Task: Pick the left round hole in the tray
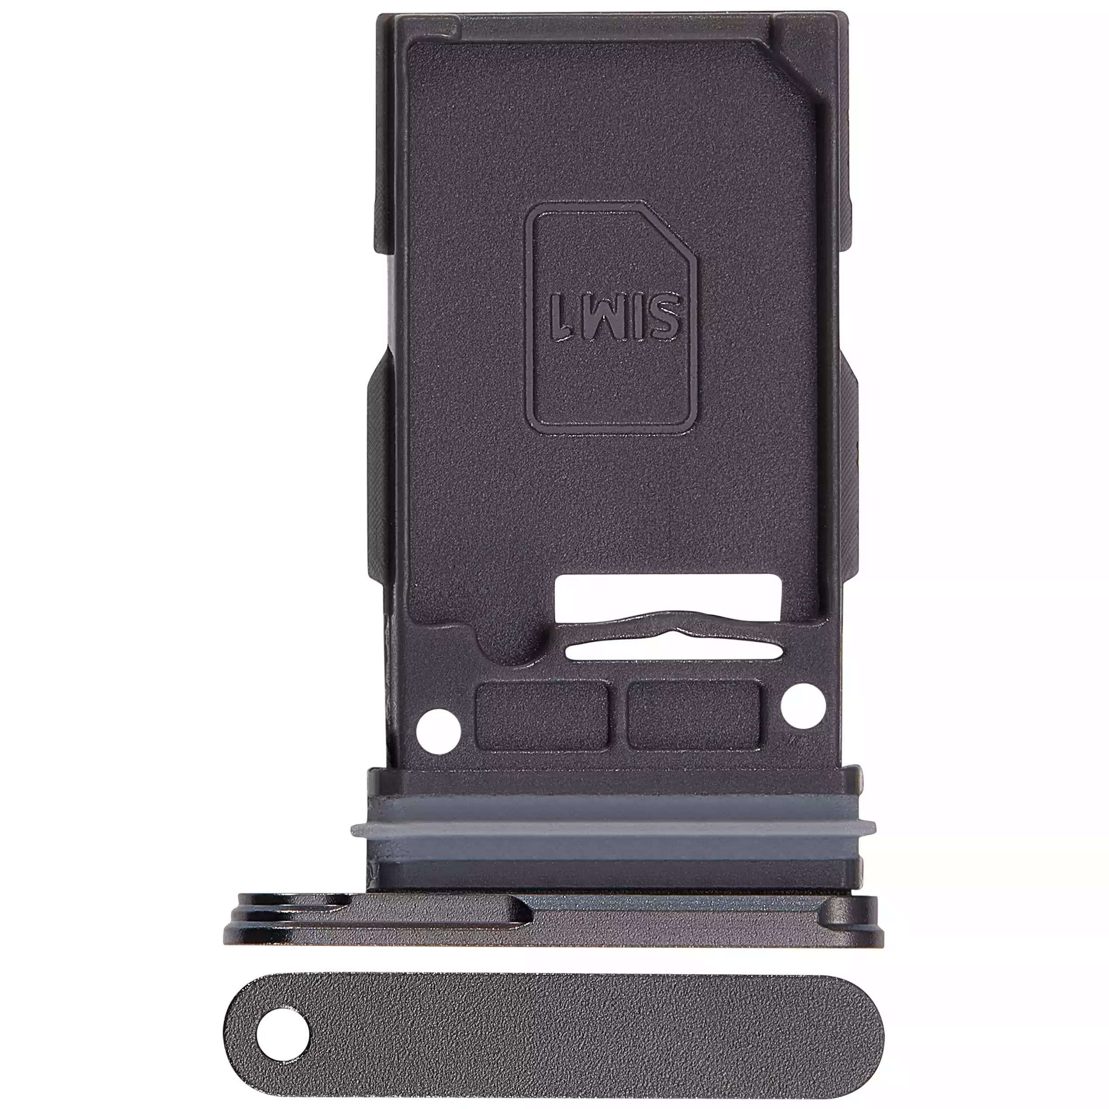[439, 731]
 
